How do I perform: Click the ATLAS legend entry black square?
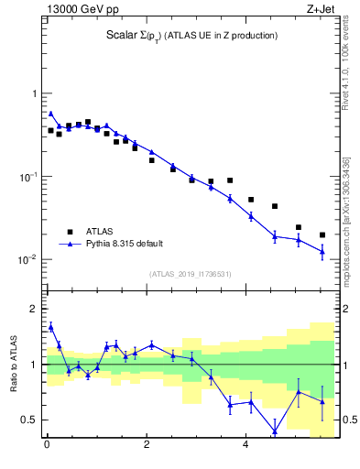(x=70, y=232)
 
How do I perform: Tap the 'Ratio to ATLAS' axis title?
(x=15, y=364)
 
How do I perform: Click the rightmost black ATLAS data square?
(x=322, y=235)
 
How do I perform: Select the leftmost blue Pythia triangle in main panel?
(x=50, y=114)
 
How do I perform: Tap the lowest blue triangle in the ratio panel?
(x=275, y=431)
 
